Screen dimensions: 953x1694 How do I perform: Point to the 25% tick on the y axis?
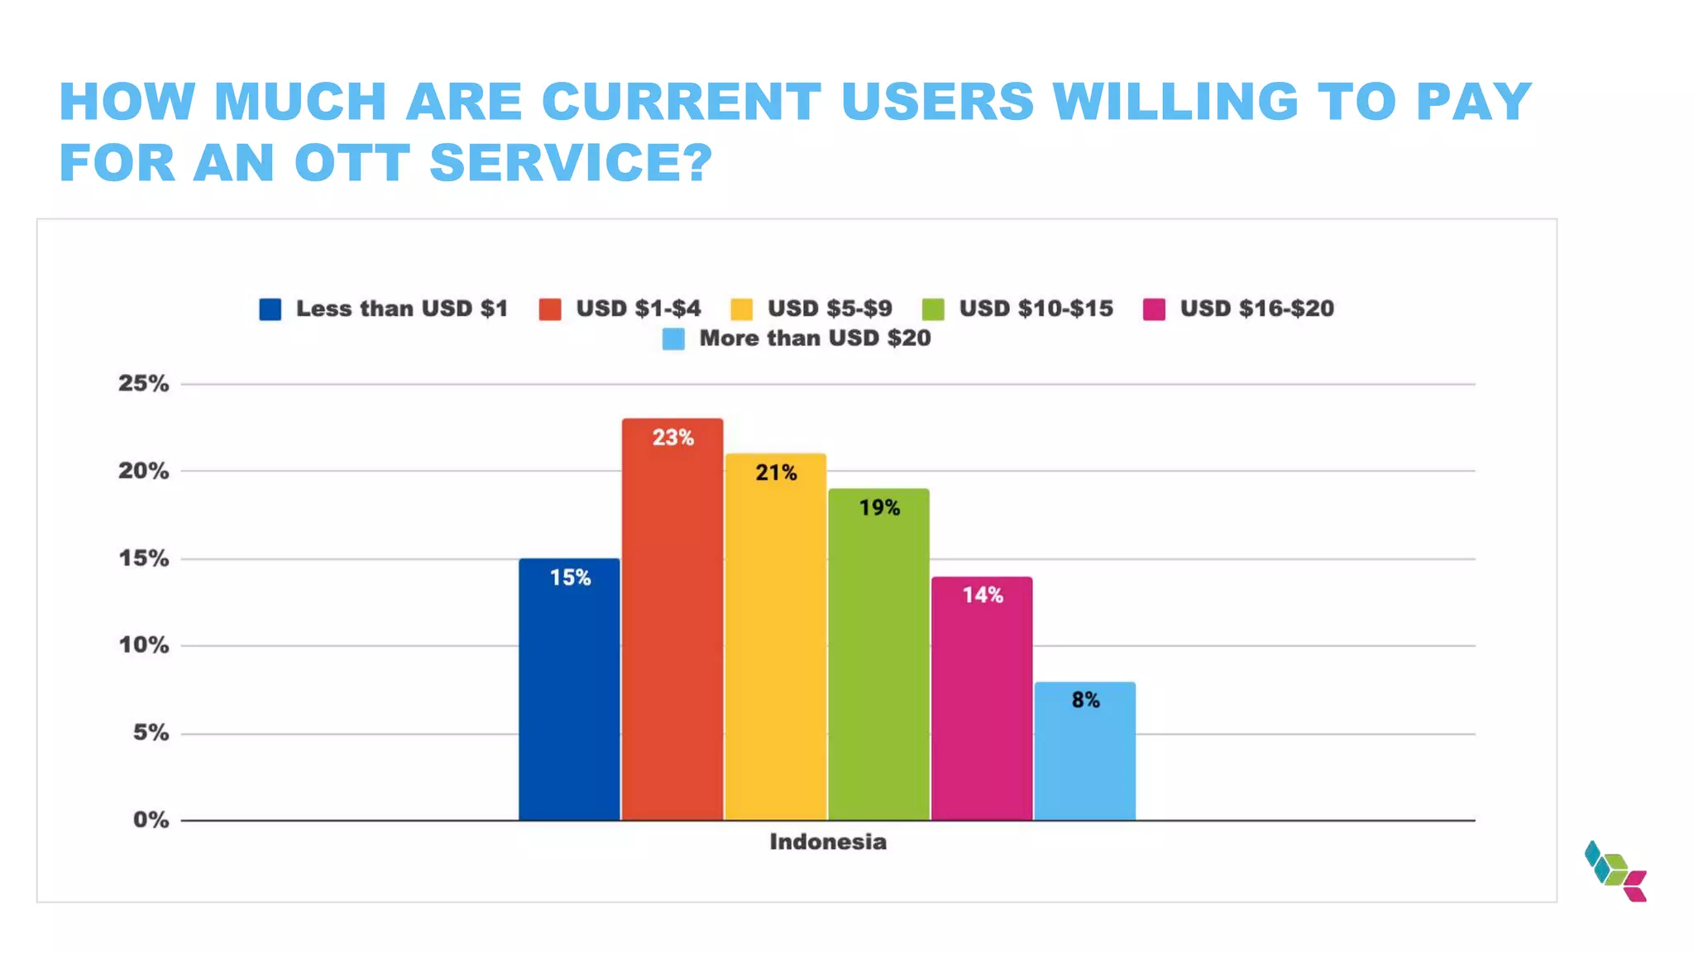(143, 384)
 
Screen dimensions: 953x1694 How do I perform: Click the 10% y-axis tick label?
(143, 645)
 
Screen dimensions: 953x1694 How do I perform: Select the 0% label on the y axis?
(151, 820)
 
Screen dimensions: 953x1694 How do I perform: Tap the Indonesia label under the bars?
(828, 842)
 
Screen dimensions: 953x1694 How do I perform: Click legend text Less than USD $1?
(402, 309)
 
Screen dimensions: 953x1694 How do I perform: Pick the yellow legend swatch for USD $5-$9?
(742, 309)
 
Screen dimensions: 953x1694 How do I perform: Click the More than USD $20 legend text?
(815, 338)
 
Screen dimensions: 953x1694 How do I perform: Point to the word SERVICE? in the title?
(571, 162)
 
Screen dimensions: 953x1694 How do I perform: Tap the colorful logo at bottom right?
(1615, 871)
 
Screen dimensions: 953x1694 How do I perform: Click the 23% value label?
(672, 438)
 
